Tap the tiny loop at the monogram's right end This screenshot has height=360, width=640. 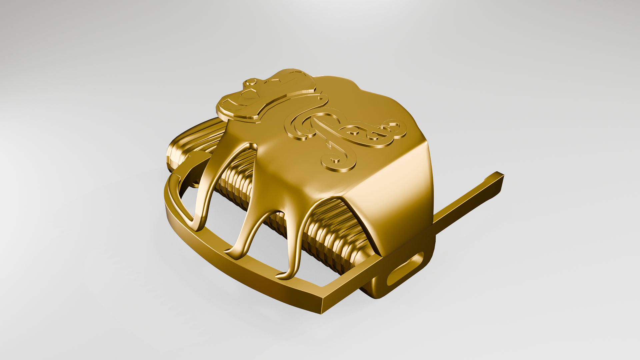(393, 127)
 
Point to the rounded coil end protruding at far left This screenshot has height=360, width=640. (175, 155)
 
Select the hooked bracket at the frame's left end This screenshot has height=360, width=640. (188, 172)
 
